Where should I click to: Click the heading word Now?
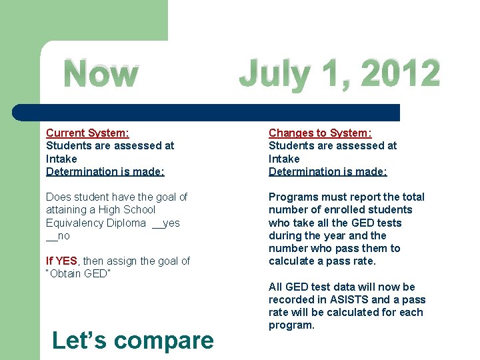click(x=101, y=75)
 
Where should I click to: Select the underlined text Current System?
click(x=87, y=133)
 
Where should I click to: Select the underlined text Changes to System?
click(x=320, y=133)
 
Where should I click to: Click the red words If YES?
click(x=61, y=261)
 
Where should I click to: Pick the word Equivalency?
click(x=73, y=223)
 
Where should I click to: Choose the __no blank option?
click(x=58, y=236)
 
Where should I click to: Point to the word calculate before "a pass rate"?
click(x=291, y=261)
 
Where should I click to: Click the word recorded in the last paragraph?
click(x=291, y=299)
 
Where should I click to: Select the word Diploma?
click(x=125, y=223)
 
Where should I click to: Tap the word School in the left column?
click(x=138, y=210)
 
